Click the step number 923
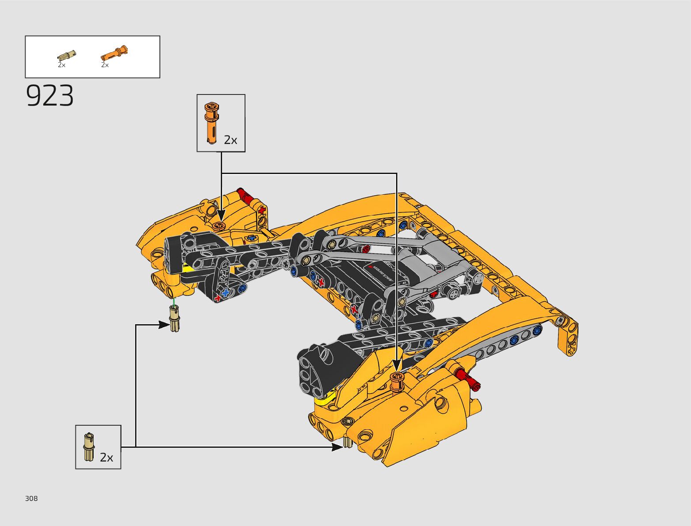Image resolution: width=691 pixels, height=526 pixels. pyautogui.click(x=50, y=96)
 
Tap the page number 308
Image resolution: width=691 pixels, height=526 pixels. pyautogui.click(x=31, y=499)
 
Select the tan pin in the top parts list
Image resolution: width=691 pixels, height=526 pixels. pyautogui.click(x=67, y=56)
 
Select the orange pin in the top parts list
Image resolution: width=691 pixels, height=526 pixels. pyautogui.click(x=114, y=53)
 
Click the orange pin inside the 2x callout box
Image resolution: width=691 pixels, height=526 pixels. pyautogui.click(x=211, y=122)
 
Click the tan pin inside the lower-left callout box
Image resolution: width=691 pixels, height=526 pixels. pyautogui.click(x=89, y=447)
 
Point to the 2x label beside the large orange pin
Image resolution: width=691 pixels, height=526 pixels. pyautogui.click(x=230, y=140)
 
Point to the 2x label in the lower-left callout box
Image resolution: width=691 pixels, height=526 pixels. pyautogui.click(x=106, y=458)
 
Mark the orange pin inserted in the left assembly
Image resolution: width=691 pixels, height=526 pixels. pyautogui.click(x=219, y=227)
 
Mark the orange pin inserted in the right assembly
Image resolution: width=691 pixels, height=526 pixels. pyautogui.click(x=396, y=381)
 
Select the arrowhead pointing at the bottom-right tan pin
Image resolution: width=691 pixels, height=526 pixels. pyautogui.click(x=338, y=447)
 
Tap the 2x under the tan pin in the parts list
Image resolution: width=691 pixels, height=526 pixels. pyautogui.click(x=61, y=65)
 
